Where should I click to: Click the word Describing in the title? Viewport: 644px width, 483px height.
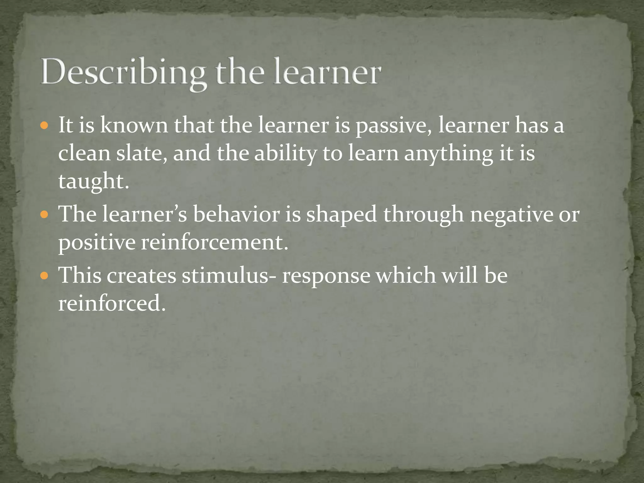click(123, 73)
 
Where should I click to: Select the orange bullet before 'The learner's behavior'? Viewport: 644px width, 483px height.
click(44, 215)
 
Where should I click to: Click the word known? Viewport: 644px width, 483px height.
click(134, 125)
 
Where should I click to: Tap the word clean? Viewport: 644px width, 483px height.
click(84, 153)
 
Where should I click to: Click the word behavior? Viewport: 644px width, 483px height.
click(236, 214)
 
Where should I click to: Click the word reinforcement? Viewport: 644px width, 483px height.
click(214, 242)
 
